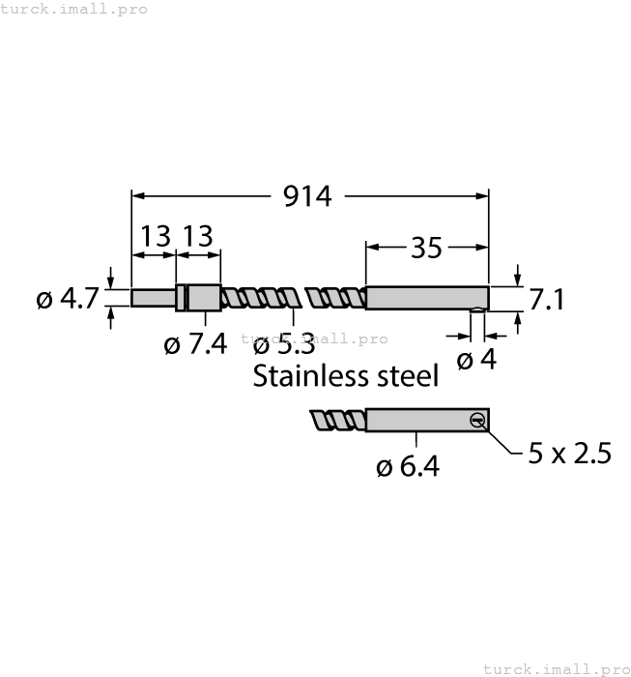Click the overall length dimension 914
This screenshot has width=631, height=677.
point(307,196)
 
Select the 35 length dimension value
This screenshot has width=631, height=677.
point(426,248)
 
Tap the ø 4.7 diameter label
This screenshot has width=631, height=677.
point(67,299)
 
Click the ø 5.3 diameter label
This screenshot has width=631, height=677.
point(283,343)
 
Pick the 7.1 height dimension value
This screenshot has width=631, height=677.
point(546,299)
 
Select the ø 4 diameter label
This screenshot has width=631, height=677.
point(475,360)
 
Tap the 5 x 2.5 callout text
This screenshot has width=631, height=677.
point(569,453)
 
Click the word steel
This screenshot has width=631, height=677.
point(406,376)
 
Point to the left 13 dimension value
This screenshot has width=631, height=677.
point(155,236)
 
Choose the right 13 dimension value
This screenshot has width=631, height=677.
point(197,236)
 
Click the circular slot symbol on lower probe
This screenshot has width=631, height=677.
point(476,419)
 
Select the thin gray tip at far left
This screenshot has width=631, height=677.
point(153,298)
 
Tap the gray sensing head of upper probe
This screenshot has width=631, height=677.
point(427,298)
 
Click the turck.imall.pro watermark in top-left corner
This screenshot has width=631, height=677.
point(74,9)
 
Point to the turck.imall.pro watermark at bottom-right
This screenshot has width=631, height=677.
point(555,668)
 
